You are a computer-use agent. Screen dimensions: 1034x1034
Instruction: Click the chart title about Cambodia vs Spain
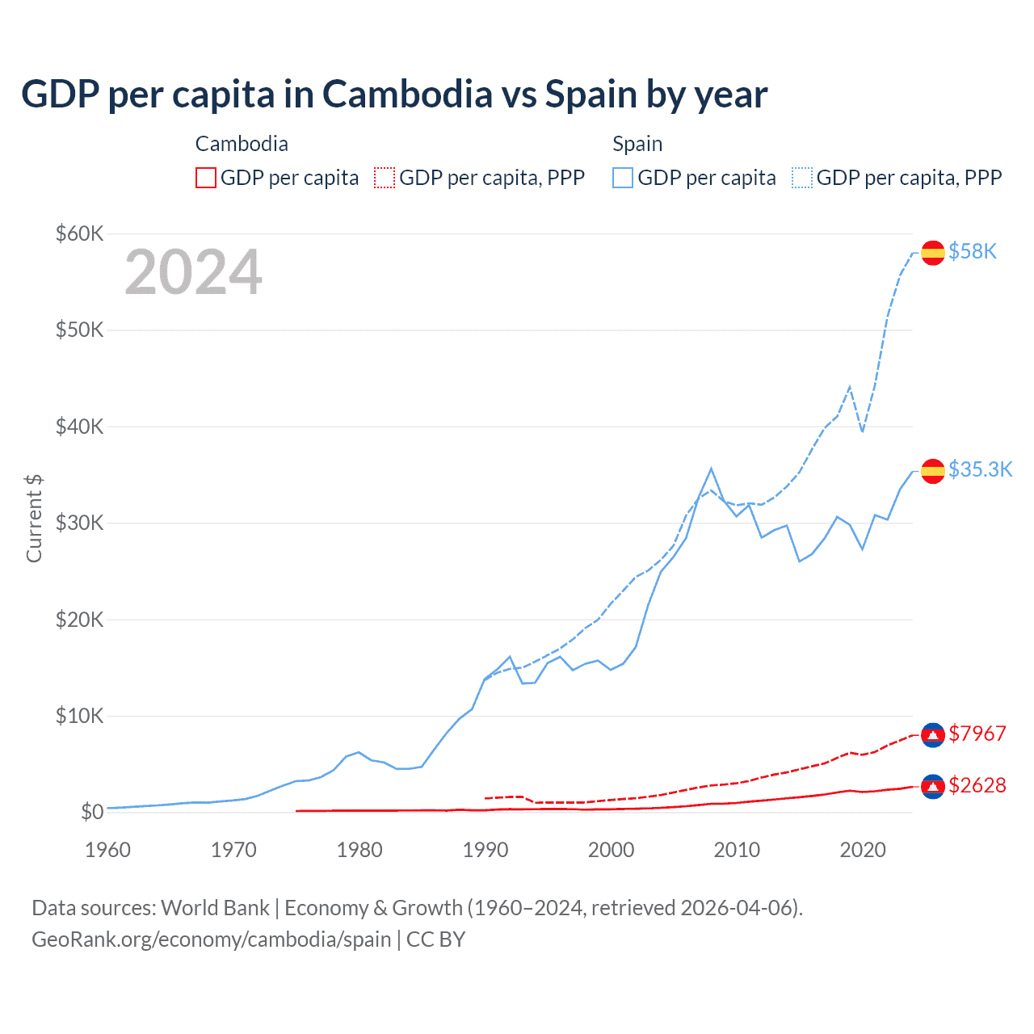[x=394, y=95]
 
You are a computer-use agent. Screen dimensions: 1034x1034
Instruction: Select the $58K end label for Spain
[x=973, y=252]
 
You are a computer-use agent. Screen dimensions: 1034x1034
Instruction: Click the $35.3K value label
[x=980, y=470]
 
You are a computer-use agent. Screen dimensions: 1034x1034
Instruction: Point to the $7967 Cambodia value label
[x=977, y=733]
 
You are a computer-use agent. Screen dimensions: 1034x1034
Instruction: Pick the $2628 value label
[x=977, y=785]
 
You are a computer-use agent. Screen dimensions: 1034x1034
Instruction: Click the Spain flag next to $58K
[x=933, y=252]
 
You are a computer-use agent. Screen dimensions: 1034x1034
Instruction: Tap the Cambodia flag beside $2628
[x=933, y=786]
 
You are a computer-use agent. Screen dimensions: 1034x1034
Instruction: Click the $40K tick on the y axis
[x=79, y=427]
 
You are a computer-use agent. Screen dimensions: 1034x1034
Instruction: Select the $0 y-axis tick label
[x=92, y=812]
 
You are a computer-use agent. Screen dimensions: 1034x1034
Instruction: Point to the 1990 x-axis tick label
[x=485, y=850]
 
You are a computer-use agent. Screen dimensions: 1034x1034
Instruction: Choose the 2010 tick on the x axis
[x=737, y=850]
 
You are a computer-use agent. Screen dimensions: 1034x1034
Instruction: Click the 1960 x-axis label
[x=108, y=850]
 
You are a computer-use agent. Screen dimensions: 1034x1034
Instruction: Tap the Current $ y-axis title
[x=34, y=519]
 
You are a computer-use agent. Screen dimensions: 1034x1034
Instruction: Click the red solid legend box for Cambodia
[x=206, y=178]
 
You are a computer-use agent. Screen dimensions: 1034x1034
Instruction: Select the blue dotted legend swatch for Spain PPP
[x=802, y=178]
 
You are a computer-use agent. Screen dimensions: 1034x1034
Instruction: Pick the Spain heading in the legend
[x=637, y=144]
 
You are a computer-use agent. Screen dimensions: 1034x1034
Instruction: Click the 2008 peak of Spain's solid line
[x=711, y=469]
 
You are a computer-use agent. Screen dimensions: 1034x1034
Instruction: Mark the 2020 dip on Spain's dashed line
[x=862, y=431]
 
